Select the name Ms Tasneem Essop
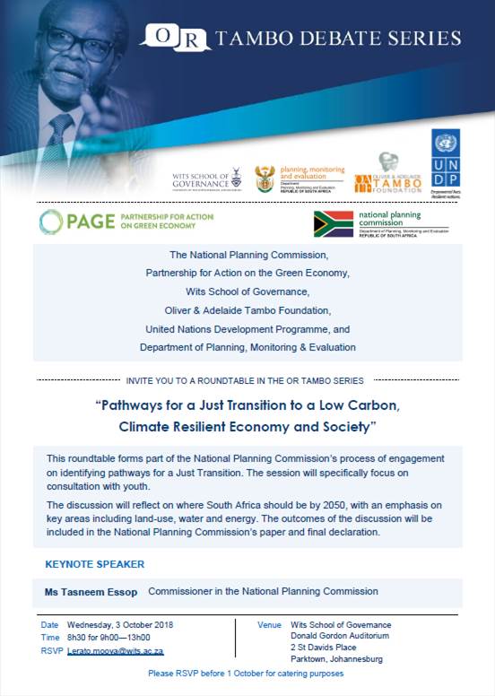pyautogui.click(x=91, y=592)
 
